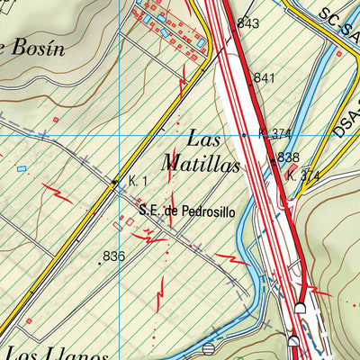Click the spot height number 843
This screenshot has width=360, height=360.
click(248, 23)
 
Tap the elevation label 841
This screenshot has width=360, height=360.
click(264, 78)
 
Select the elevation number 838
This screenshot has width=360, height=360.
click(288, 157)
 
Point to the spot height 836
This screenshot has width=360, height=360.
click(114, 256)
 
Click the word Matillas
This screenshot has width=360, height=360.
click(201, 165)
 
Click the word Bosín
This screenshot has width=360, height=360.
click(36, 49)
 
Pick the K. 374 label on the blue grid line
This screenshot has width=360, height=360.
click(274, 134)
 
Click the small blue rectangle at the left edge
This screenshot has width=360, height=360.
click(22, 168)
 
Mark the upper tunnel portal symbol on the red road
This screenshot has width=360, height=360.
click(301, 308)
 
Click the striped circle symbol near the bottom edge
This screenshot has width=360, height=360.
click(209, 347)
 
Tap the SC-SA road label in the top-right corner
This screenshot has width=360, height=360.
click(337, 22)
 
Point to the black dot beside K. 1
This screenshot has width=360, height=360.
click(114, 183)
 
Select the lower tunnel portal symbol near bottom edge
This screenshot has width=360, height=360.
click(293, 339)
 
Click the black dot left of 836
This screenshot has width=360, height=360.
click(99, 263)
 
